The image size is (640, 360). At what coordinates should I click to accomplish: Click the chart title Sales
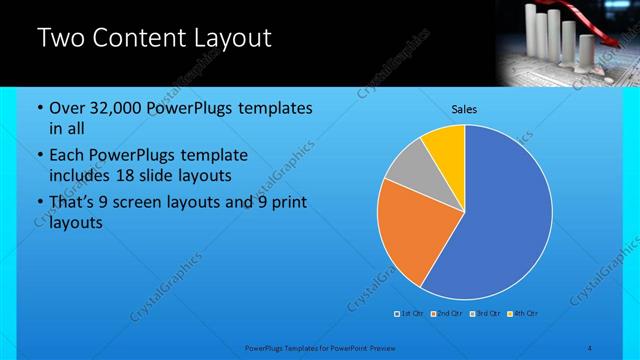464,108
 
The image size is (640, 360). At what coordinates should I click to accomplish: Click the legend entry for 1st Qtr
410,314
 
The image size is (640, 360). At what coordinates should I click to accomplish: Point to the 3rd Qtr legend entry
485,314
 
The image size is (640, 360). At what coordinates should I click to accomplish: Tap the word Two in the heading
61,39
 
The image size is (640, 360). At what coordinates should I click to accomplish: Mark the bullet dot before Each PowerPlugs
38,156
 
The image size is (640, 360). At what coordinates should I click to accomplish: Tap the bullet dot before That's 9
38,204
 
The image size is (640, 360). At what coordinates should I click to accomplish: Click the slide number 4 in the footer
591,347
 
